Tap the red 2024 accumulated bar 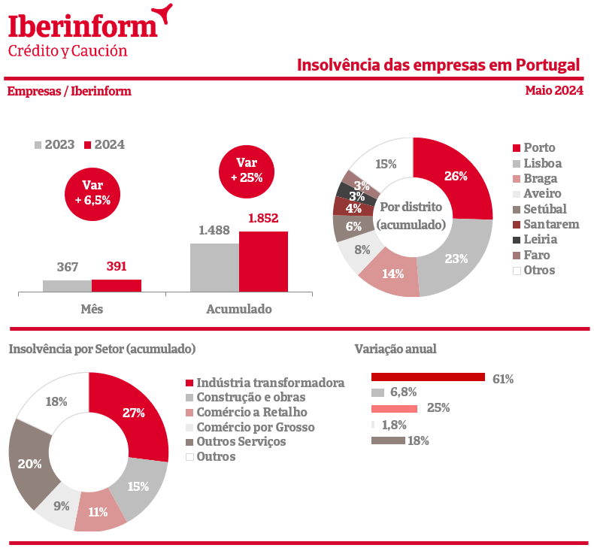[x=263, y=261]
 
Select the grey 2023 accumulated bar [x=214, y=267]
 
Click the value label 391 [x=117, y=266]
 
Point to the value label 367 [x=68, y=266]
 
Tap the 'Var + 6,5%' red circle [x=92, y=192]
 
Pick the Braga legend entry [x=539, y=178]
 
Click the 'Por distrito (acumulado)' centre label [x=411, y=216]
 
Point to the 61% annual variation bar [x=428, y=377]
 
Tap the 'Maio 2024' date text [x=554, y=91]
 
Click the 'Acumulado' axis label [x=238, y=309]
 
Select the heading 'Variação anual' [x=395, y=349]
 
